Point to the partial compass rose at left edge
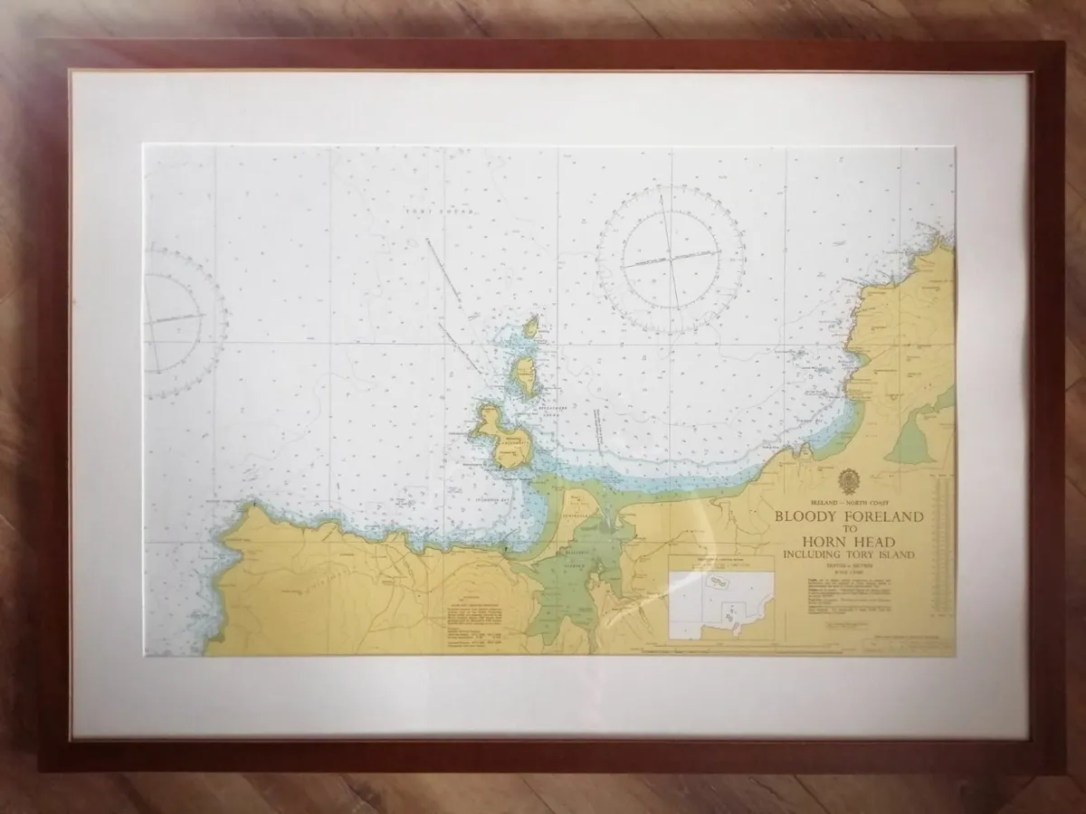[x=176, y=319]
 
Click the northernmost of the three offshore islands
[x=532, y=326]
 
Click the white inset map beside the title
[x=721, y=603]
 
